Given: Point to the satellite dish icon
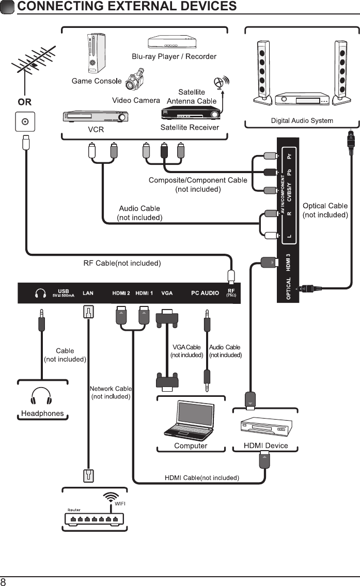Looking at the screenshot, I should click(x=222, y=83).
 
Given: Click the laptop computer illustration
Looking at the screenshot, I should click(x=191, y=421).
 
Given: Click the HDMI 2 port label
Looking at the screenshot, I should click(x=121, y=294).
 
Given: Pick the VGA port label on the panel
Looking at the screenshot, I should click(x=167, y=294).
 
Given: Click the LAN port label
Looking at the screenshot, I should click(x=88, y=294).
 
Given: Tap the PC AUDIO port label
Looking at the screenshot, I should click(x=205, y=294).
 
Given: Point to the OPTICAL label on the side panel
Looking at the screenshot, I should click(x=289, y=288).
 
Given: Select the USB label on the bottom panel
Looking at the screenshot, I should click(x=63, y=291).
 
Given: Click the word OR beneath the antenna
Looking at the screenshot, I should click(x=24, y=102).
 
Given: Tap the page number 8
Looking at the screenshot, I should click(x=4, y=581).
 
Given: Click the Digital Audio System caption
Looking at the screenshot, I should click(x=302, y=121).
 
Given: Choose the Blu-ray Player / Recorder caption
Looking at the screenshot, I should click(x=174, y=56).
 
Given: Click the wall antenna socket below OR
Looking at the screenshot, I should click(x=24, y=122).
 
